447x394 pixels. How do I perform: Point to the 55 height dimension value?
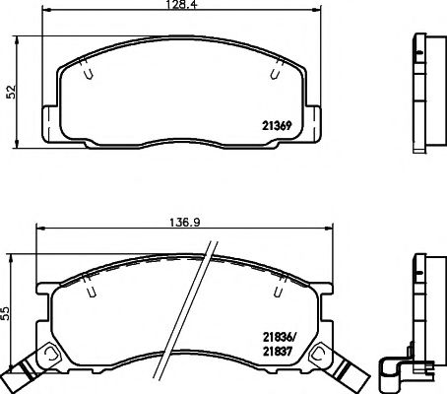(x=9, y=314)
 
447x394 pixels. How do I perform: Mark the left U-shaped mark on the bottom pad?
(x=91, y=291)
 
